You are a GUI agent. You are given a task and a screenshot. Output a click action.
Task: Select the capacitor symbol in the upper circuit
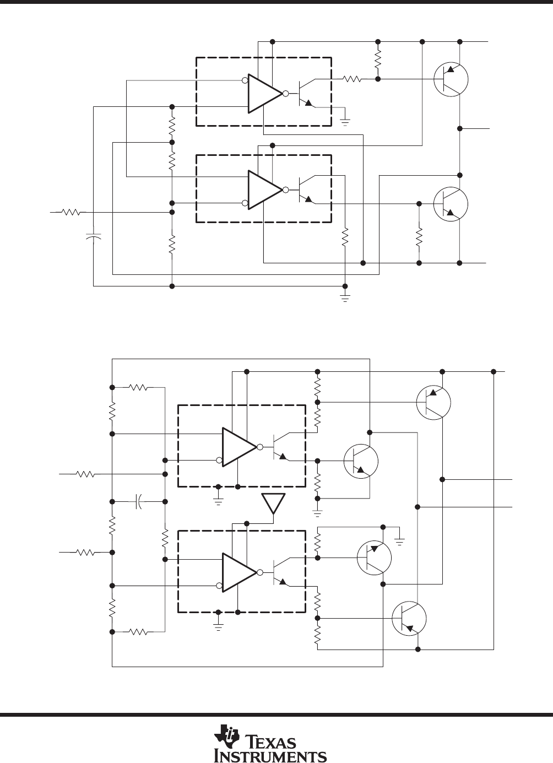93,236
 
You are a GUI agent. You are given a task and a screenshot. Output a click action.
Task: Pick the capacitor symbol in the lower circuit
138,501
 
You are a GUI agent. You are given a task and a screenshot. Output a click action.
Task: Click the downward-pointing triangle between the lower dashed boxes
273,504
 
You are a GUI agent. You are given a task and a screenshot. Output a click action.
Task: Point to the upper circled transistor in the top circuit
451,79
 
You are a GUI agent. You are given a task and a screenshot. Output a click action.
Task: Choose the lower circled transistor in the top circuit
451,204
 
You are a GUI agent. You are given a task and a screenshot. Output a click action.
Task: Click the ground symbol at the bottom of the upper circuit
345,297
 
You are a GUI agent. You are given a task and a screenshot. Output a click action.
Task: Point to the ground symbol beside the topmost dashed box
345,122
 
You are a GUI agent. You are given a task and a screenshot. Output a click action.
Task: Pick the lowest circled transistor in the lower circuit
409,619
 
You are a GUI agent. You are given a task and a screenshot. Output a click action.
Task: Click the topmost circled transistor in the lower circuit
433,403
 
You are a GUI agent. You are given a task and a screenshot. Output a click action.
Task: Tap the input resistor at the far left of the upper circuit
71,212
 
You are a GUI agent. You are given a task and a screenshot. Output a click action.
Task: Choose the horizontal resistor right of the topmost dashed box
352,79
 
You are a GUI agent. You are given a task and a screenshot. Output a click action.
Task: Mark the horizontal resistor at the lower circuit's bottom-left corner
138,632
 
